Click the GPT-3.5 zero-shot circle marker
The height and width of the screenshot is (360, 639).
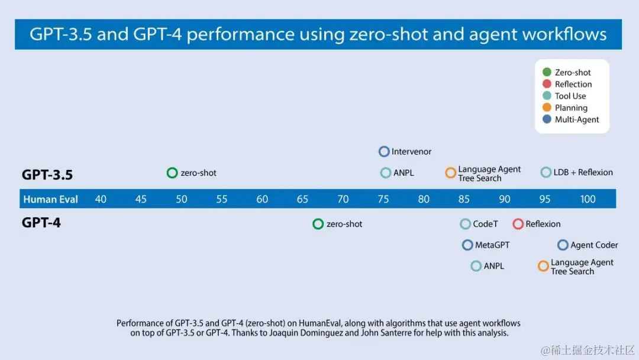point(172,173)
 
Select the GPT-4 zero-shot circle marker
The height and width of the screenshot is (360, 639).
point(318,224)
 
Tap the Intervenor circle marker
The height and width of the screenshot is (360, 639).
point(384,152)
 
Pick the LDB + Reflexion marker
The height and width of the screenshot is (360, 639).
point(546,172)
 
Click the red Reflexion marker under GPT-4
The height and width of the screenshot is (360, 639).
point(518,224)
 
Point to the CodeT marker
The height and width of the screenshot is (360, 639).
point(466,224)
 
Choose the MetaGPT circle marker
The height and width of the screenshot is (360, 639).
point(467,245)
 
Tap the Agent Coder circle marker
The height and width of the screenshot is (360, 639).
point(563,245)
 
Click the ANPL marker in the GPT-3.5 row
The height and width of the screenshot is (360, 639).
point(386,173)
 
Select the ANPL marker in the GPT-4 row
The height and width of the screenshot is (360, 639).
point(476,266)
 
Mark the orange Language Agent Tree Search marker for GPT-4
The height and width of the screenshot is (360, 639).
point(543,266)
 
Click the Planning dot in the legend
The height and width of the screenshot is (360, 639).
point(547,108)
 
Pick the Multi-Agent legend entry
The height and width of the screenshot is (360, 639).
point(576,120)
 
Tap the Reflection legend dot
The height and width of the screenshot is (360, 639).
point(547,84)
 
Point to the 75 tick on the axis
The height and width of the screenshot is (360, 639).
point(383,199)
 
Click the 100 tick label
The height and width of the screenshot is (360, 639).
point(588,199)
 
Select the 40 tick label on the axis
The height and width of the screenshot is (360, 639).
point(101,199)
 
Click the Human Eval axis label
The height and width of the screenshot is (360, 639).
point(51,199)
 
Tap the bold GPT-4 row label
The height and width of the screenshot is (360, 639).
point(41,223)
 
